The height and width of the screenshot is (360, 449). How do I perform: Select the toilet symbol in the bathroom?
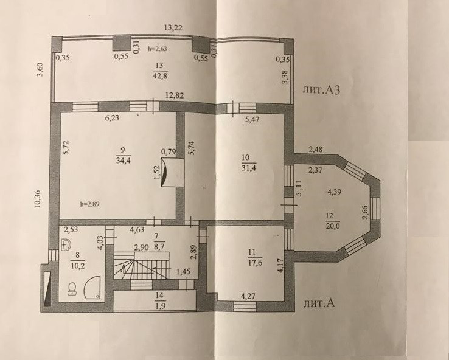click(x=72, y=288)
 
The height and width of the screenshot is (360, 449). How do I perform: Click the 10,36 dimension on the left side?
click(x=38, y=198)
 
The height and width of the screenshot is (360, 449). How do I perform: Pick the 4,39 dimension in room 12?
click(x=336, y=193)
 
